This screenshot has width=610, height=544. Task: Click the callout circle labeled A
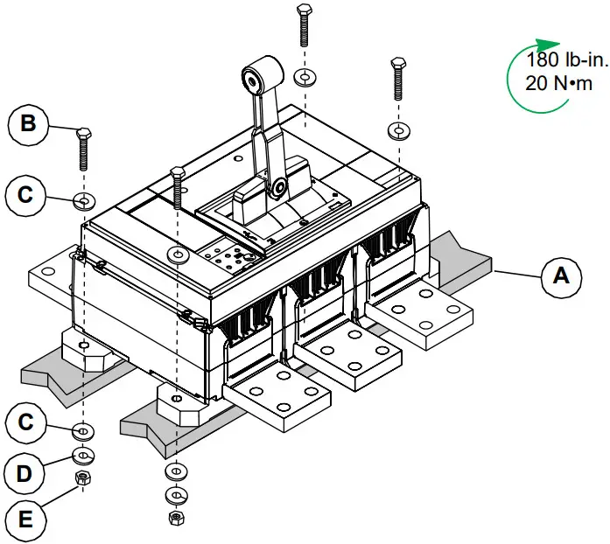pos(560,276)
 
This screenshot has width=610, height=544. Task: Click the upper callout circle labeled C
pos(28,194)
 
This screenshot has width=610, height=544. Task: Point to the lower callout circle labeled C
pos(28,422)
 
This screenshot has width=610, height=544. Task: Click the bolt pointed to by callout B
pos(84,150)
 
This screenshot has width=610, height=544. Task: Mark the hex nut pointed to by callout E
pos(84,478)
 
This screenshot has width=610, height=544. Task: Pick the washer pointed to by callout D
pos(84,455)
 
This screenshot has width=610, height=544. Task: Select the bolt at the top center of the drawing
pos(304,24)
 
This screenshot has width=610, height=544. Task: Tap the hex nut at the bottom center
pos(175,518)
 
